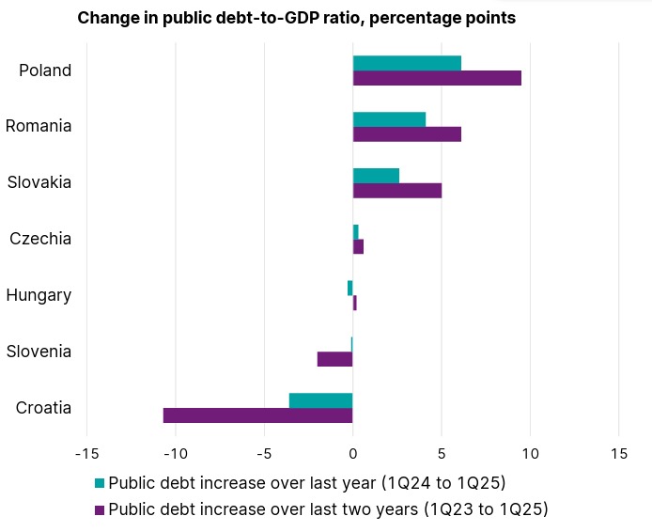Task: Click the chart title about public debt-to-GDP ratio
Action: pyautogui.click(x=296, y=19)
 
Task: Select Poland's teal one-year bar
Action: pyautogui.click(x=407, y=63)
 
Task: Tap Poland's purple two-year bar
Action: pyautogui.click(x=437, y=78)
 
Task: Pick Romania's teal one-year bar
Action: pyautogui.click(x=389, y=119)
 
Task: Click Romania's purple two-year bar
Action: pyautogui.click(x=407, y=134)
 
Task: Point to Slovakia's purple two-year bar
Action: pyautogui.click(x=396, y=191)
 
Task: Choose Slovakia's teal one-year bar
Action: pyautogui.click(x=376, y=176)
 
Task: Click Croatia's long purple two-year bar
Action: pyautogui.click(x=257, y=415)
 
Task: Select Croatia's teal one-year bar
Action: pyautogui.click(x=320, y=400)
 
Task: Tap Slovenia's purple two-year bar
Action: pyautogui.click(x=334, y=359)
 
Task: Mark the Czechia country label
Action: pyautogui.click(x=40, y=239)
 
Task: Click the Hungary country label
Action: pyautogui.click(x=39, y=295)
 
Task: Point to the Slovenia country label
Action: pyautogui.click(x=39, y=352)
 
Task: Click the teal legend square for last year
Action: pyautogui.click(x=100, y=484)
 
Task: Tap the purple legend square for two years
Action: pyautogui.click(x=100, y=510)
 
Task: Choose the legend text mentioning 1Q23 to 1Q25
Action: pyautogui.click(x=328, y=509)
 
